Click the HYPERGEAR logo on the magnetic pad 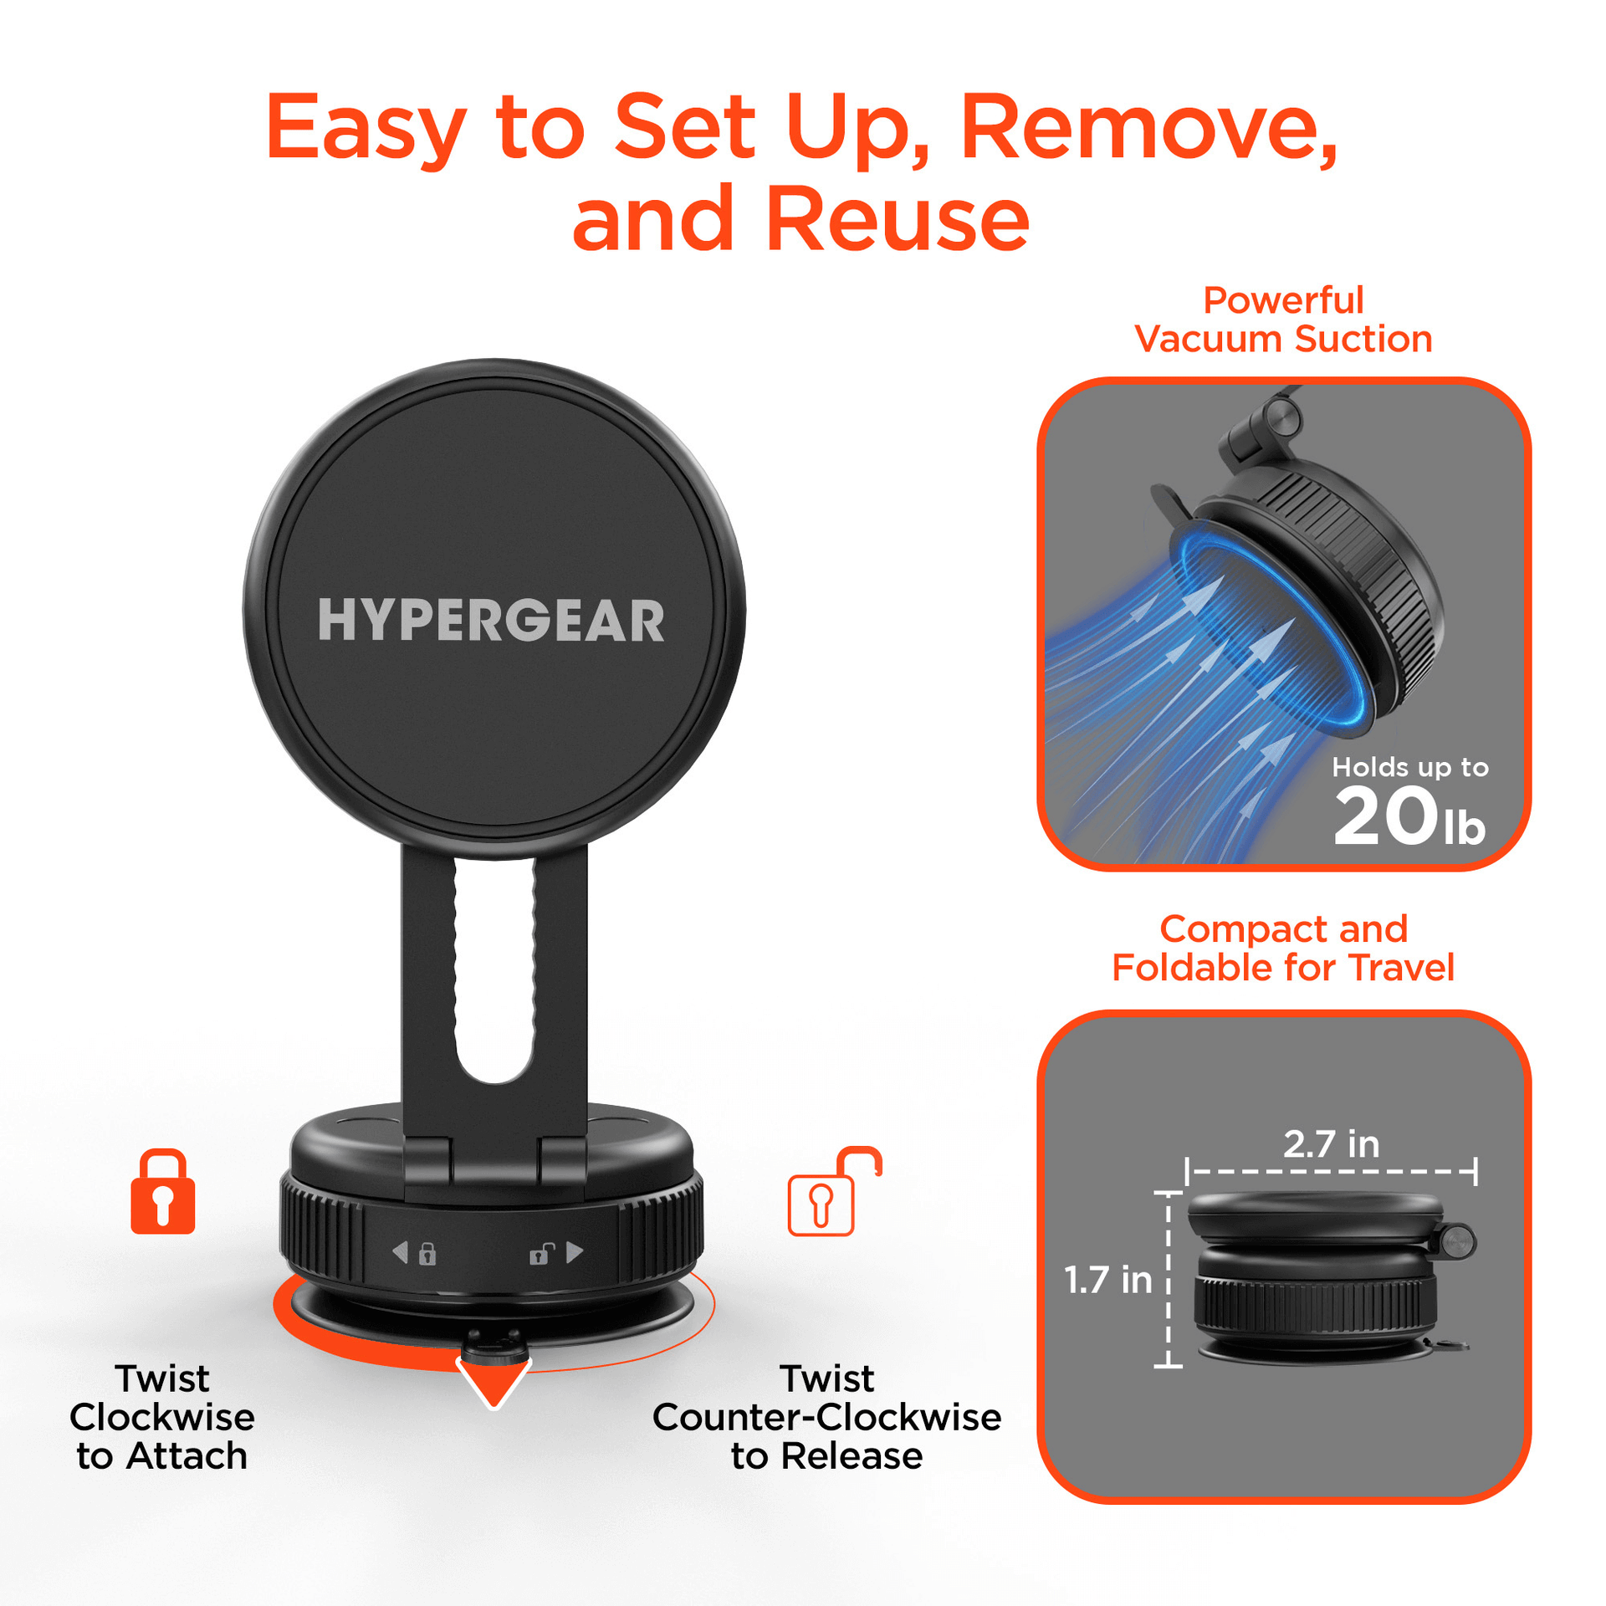click(x=491, y=621)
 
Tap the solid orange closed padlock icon click(x=163, y=1192)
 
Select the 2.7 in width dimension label click(x=1331, y=1144)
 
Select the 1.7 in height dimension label click(x=1107, y=1280)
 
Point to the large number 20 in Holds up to click(x=1384, y=817)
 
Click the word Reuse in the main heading click(x=897, y=220)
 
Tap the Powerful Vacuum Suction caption click(x=1283, y=320)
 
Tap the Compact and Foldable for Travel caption click(x=1283, y=949)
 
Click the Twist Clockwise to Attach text click(x=162, y=1417)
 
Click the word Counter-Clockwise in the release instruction click(x=826, y=1418)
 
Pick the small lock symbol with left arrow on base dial click(x=416, y=1253)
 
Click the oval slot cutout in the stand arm click(x=494, y=970)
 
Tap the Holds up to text click(x=1409, y=767)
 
